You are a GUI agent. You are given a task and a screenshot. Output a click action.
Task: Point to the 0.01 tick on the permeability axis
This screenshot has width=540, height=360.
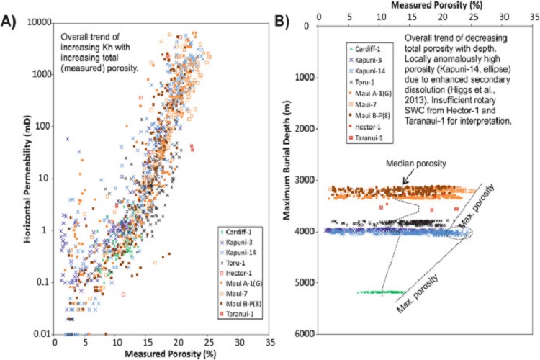click(42, 333)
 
